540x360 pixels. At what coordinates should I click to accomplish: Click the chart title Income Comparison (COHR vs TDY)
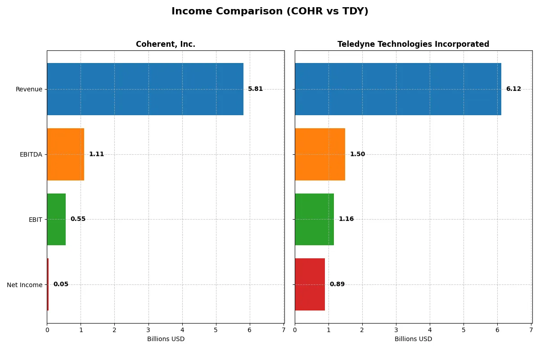(270, 12)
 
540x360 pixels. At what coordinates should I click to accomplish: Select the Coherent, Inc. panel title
(166, 44)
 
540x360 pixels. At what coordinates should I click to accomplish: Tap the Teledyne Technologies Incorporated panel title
(413, 44)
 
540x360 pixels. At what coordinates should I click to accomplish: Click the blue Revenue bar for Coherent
(145, 89)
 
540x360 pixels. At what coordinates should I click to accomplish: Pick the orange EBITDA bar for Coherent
(65, 154)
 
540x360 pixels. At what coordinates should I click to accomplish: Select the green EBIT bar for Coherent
(56, 219)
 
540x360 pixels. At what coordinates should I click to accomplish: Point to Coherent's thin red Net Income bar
(48, 284)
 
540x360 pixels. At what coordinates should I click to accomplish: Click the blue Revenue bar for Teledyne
(398, 89)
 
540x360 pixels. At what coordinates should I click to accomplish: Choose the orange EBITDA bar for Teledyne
(320, 154)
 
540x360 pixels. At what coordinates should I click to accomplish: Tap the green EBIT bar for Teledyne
(314, 219)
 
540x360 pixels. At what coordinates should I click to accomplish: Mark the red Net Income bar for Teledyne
(310, 284)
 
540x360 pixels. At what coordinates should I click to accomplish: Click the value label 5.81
(255, 89)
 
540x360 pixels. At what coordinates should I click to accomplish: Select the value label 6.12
(513, 89)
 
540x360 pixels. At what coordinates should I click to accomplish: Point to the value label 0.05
(61, 284)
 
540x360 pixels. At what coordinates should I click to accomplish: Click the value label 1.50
(357, 154)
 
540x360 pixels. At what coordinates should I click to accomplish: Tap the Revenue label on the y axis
(29, 89)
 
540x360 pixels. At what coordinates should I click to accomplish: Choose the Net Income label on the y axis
(25, 284)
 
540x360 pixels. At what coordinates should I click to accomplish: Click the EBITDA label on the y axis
(31, 154)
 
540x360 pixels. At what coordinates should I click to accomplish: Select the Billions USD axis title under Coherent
(166, 339)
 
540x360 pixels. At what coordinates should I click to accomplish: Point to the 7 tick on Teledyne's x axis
(531, 330)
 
